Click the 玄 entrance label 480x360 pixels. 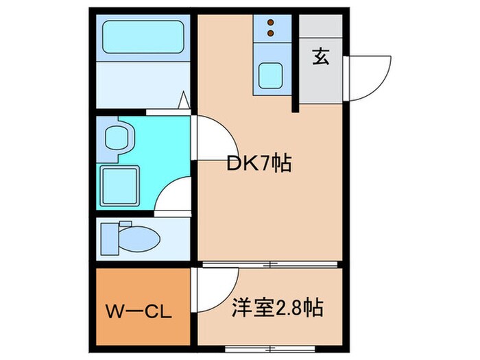pos(321,57)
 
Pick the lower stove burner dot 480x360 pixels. pos(269,32)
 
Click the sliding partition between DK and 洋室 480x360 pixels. pos(271,264)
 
